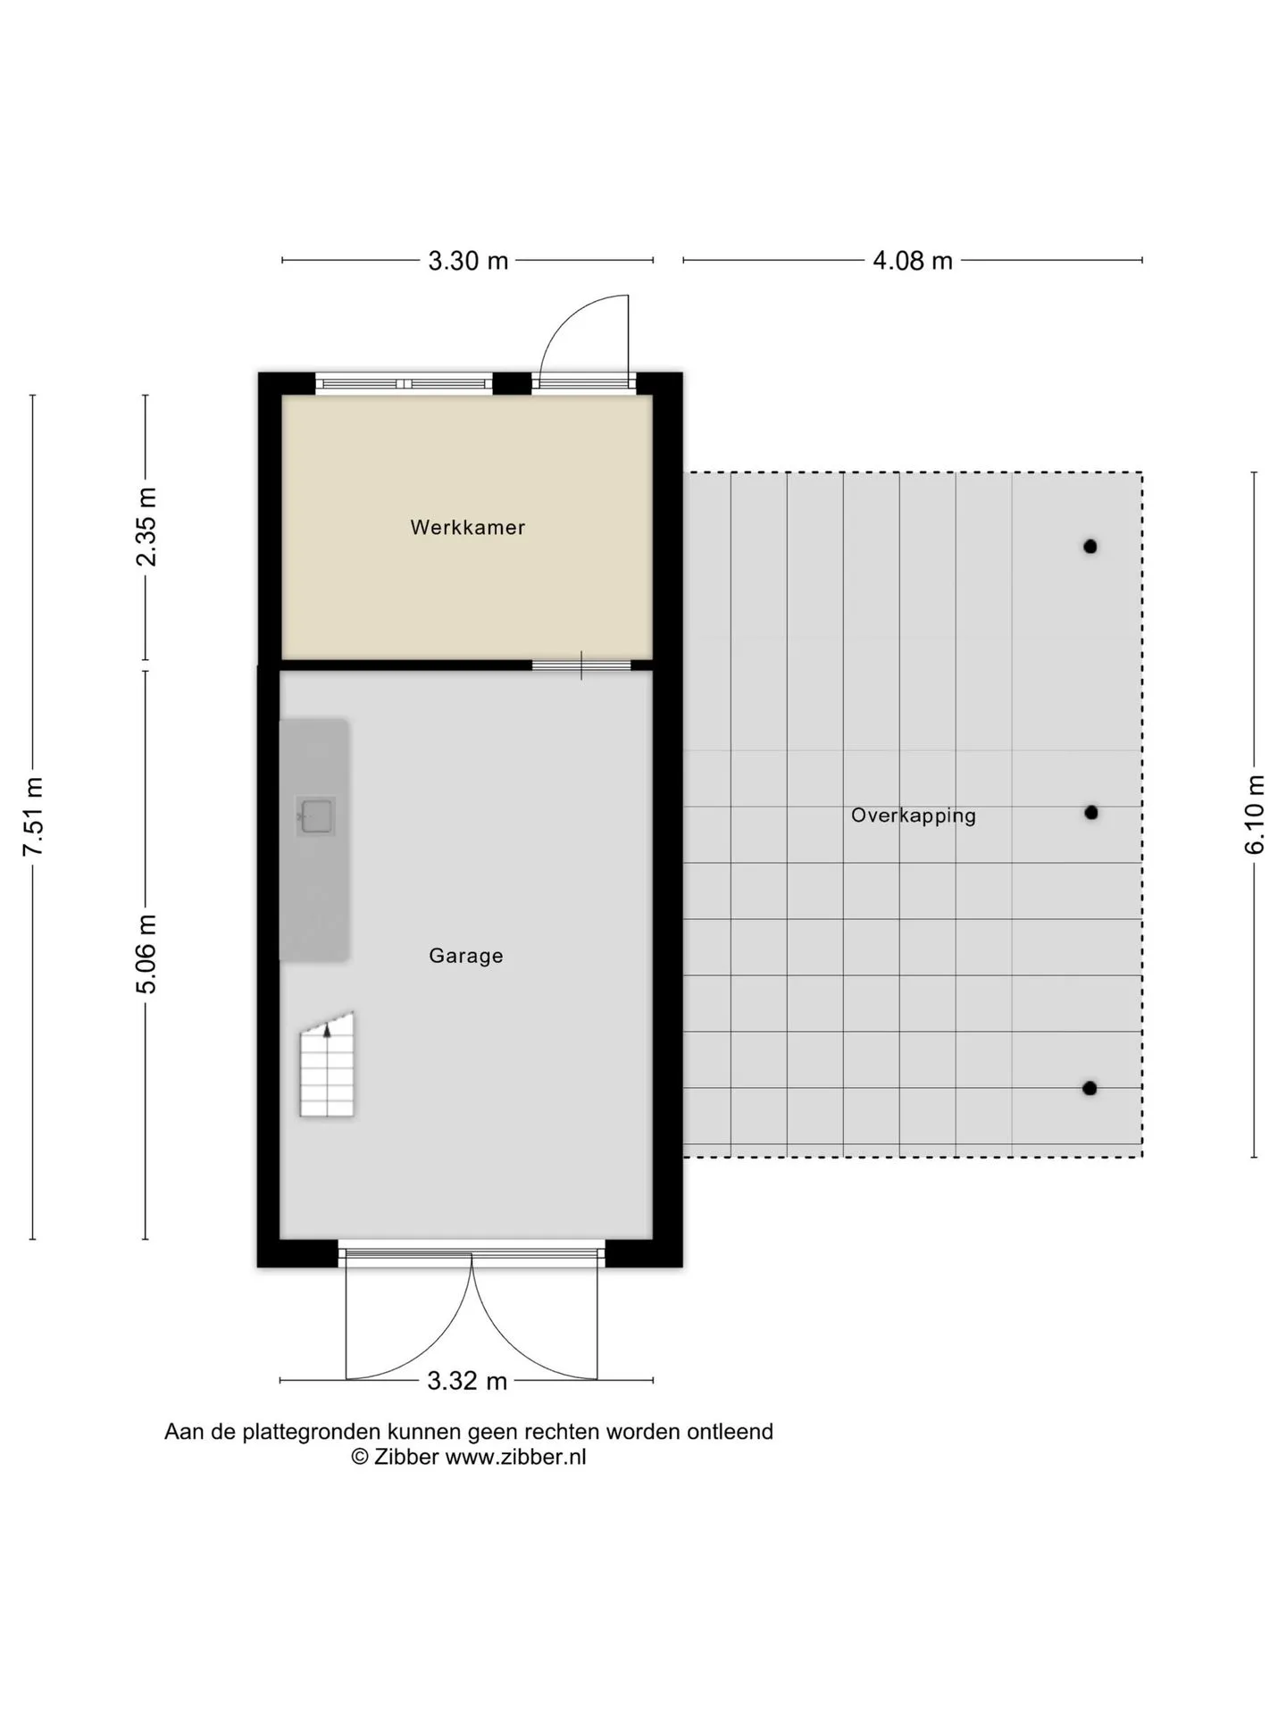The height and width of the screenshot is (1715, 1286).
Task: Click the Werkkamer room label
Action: coord(467,527)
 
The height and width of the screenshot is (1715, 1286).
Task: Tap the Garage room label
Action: coord(466,956)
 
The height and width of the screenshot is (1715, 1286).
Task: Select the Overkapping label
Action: coord(913,816)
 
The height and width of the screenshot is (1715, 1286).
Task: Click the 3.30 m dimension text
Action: coord(468,261)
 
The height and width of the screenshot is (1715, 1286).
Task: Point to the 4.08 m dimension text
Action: coord(913,261)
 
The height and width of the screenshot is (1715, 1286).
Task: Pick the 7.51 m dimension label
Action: coord(33,816)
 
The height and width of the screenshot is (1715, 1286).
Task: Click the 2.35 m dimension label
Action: coord(146,527)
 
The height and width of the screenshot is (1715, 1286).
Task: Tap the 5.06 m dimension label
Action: coord(146,954)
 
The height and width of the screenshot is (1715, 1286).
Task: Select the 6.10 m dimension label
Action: coord(1255,815)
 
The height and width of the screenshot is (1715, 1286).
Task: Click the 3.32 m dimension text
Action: coord(467,1381)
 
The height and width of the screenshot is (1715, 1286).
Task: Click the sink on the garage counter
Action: coord(316,816)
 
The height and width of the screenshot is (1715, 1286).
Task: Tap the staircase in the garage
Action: coord(327,1065)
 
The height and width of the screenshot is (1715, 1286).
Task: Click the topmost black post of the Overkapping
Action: coord(1090,547)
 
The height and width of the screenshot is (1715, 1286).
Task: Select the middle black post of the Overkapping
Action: coord(1090,813)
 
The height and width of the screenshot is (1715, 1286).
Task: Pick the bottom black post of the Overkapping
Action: coord(1090,1088)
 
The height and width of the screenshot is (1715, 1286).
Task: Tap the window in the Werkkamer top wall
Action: coord(404,383)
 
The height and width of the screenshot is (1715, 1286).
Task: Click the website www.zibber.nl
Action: coord(516,1457)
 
